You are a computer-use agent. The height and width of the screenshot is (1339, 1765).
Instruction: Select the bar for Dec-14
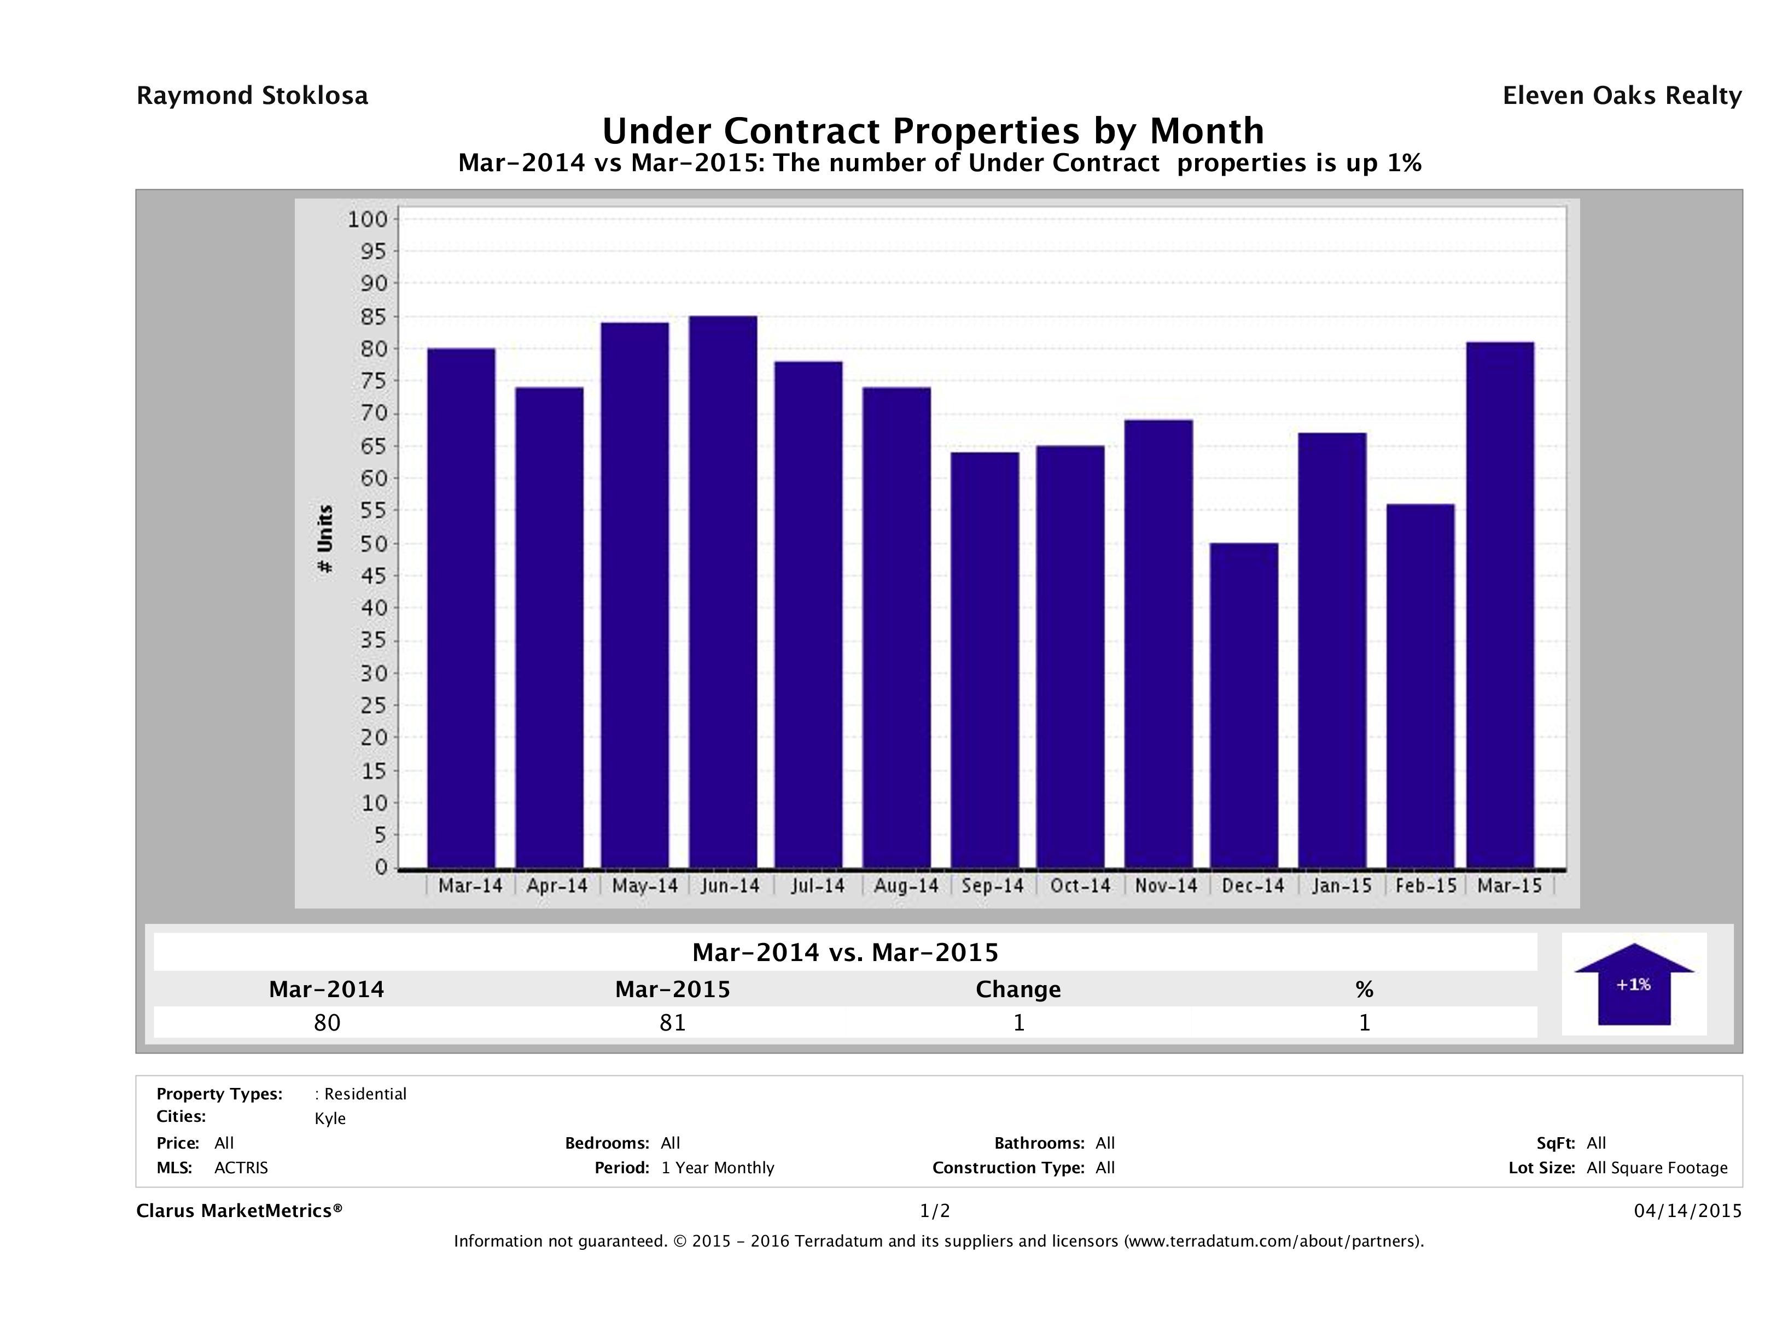[x=1243, y=706]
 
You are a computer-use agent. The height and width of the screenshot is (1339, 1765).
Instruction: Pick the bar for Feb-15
[x=1420, y=686]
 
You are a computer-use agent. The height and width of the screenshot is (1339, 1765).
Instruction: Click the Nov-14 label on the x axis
[x=1166, y=886]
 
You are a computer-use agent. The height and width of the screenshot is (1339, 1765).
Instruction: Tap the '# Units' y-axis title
[x=325, y=539]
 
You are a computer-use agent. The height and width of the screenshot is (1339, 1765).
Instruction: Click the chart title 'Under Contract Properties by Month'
[x=933, y=130]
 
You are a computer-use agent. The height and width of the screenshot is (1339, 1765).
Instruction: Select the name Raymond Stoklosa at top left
[x=252, y=96]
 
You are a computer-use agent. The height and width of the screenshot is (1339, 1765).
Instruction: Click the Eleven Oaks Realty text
[x=1621, y=96]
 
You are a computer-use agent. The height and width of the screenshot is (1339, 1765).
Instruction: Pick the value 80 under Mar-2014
[x=327, y=1023]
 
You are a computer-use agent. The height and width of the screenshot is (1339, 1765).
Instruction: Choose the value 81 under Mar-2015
[x=673, y=1023]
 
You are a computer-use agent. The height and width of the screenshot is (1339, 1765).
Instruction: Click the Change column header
[x=1018, y=989]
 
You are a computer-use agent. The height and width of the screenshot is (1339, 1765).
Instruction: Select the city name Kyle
[x=330, y=1119]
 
